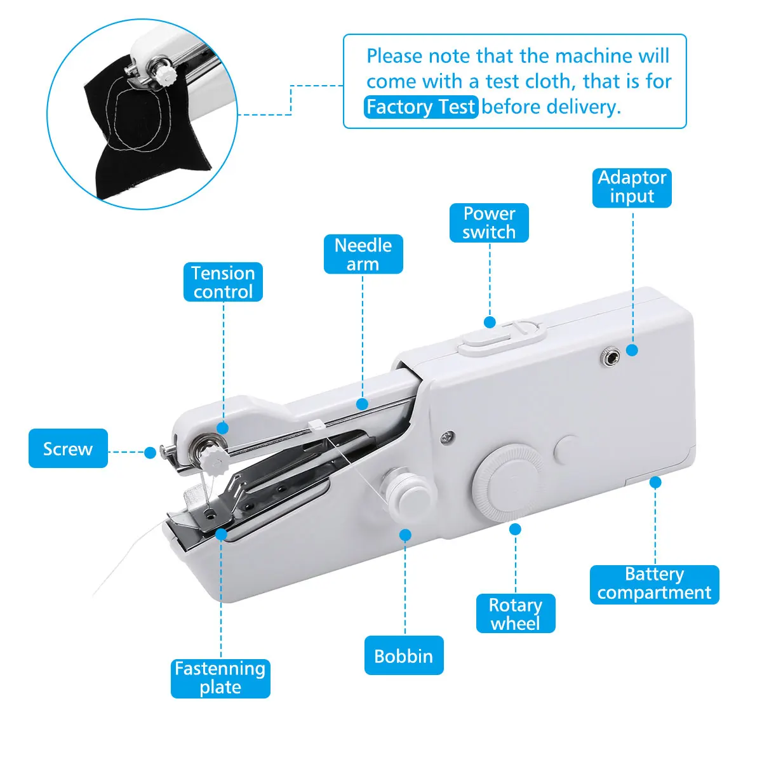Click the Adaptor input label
[x=632, y=187]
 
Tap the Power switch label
[x=489, y=223]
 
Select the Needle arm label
[x=363, y=255]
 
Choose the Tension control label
[x=223, y=282]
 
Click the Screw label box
[x=68, y=449]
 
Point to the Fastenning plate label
[x=220, y=678]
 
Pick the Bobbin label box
[x=404, y=655]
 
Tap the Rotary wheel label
[x=516, y=613]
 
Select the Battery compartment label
[x=654, y=584]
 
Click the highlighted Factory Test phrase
[x=421, y=107]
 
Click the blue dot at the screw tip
[x=150, y=453]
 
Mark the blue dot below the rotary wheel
[x=516, y=529]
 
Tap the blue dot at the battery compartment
[x=655, y=483]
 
